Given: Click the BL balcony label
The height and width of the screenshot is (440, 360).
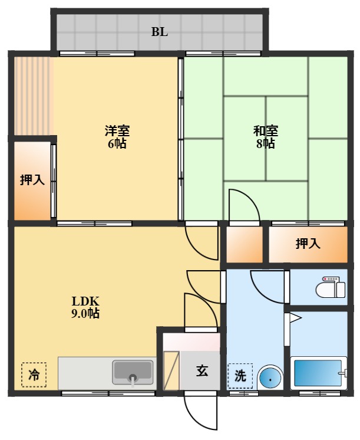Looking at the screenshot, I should pyautogui.click(x=160, y=32).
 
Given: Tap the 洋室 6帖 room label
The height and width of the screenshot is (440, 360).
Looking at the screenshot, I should pyautogui.click(x=117, y=137).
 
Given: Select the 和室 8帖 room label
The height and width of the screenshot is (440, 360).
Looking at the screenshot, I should pyautogui.click(x=266, y=137).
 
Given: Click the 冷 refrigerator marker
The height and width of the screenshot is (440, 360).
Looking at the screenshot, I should pyautogui.click(x=34, y=374).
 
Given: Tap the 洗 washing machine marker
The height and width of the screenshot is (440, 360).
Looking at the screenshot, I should pyautogui.click(x=240, y=375).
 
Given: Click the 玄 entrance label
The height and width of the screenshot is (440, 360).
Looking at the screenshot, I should pyautogui.click(x=202, y=371).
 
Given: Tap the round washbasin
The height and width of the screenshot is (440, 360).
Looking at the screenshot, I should pyautogui.click(x=270, y=376).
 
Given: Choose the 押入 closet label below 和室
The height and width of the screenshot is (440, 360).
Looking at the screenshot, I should pyautogui.click(x=308, y=243).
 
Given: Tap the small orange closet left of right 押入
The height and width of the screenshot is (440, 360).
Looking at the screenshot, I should pyautogui.click(x=245, y=244).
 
